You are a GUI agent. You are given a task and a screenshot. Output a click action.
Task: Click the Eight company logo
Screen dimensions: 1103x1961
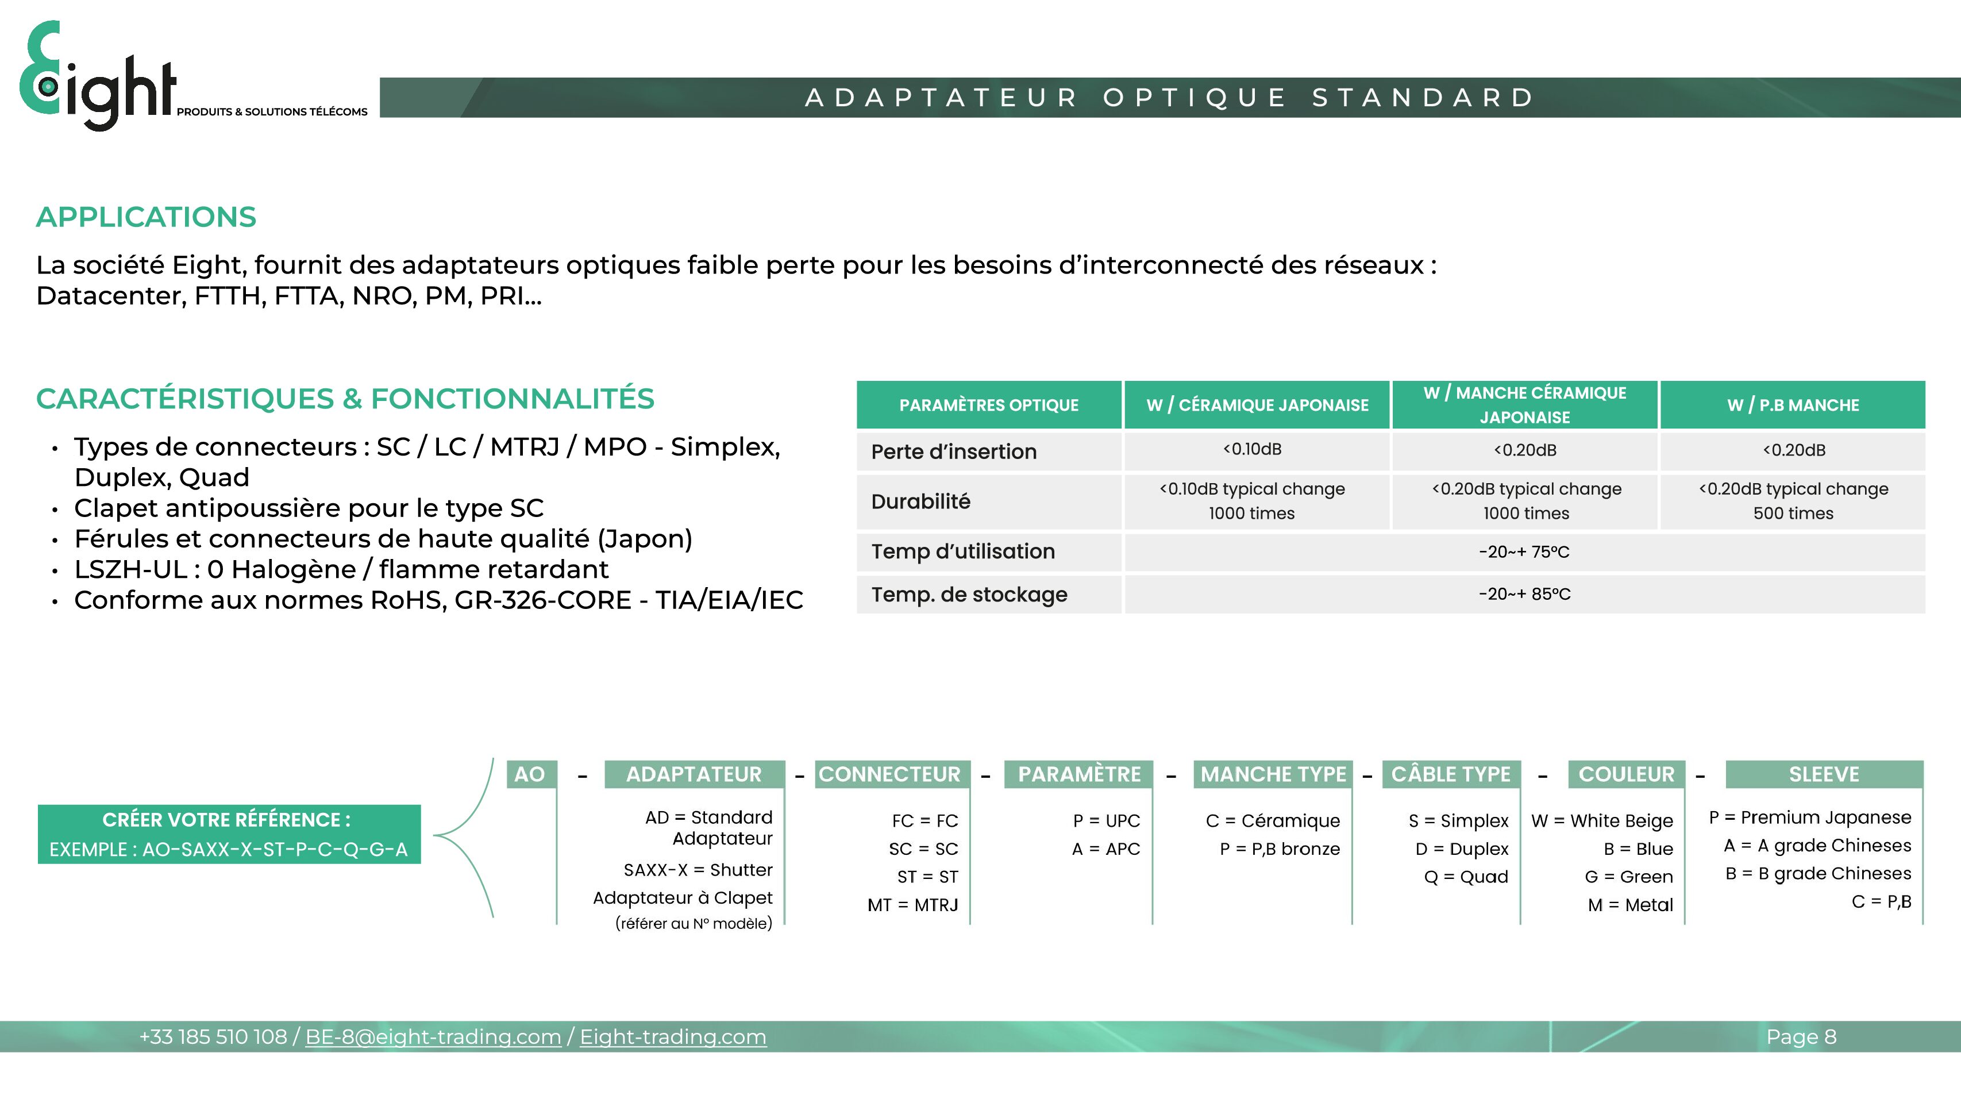coord(99,76)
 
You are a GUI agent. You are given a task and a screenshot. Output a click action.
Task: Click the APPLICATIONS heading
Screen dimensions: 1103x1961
coord(146,217)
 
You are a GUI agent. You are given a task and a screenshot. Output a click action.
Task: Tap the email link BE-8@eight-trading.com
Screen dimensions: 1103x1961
coord(433,1037)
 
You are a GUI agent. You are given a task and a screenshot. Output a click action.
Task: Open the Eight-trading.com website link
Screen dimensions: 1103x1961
coord(673,1037)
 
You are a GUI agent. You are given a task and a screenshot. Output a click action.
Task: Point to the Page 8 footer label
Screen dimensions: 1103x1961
coord(1801,1037)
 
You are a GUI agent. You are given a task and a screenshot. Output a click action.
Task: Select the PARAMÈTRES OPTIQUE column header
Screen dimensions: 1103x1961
coord(989,405)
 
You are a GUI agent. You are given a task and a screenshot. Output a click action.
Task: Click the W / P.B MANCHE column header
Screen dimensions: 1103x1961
coord(1793,405)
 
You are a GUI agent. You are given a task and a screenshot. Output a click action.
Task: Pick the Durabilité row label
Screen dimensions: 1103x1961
coord(921,502)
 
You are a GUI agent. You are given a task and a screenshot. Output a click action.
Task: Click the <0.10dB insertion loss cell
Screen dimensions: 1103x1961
coord(1252,449)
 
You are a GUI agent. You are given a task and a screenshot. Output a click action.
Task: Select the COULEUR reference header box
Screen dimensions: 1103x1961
coord(1626,774)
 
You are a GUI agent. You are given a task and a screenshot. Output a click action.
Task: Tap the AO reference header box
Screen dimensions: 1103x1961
coord(530,774)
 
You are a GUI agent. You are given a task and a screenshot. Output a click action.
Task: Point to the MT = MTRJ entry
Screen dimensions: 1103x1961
coord(913,905)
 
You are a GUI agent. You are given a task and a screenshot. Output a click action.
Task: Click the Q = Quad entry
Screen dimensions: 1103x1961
coord(1465,877)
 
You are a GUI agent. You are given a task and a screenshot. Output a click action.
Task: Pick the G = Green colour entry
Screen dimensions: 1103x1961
coord(1628,877)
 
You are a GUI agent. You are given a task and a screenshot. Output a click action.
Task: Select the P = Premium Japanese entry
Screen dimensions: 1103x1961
coord(1809,817)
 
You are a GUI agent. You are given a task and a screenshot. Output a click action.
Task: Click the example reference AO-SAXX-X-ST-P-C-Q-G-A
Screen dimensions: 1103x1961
coord(228,850)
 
